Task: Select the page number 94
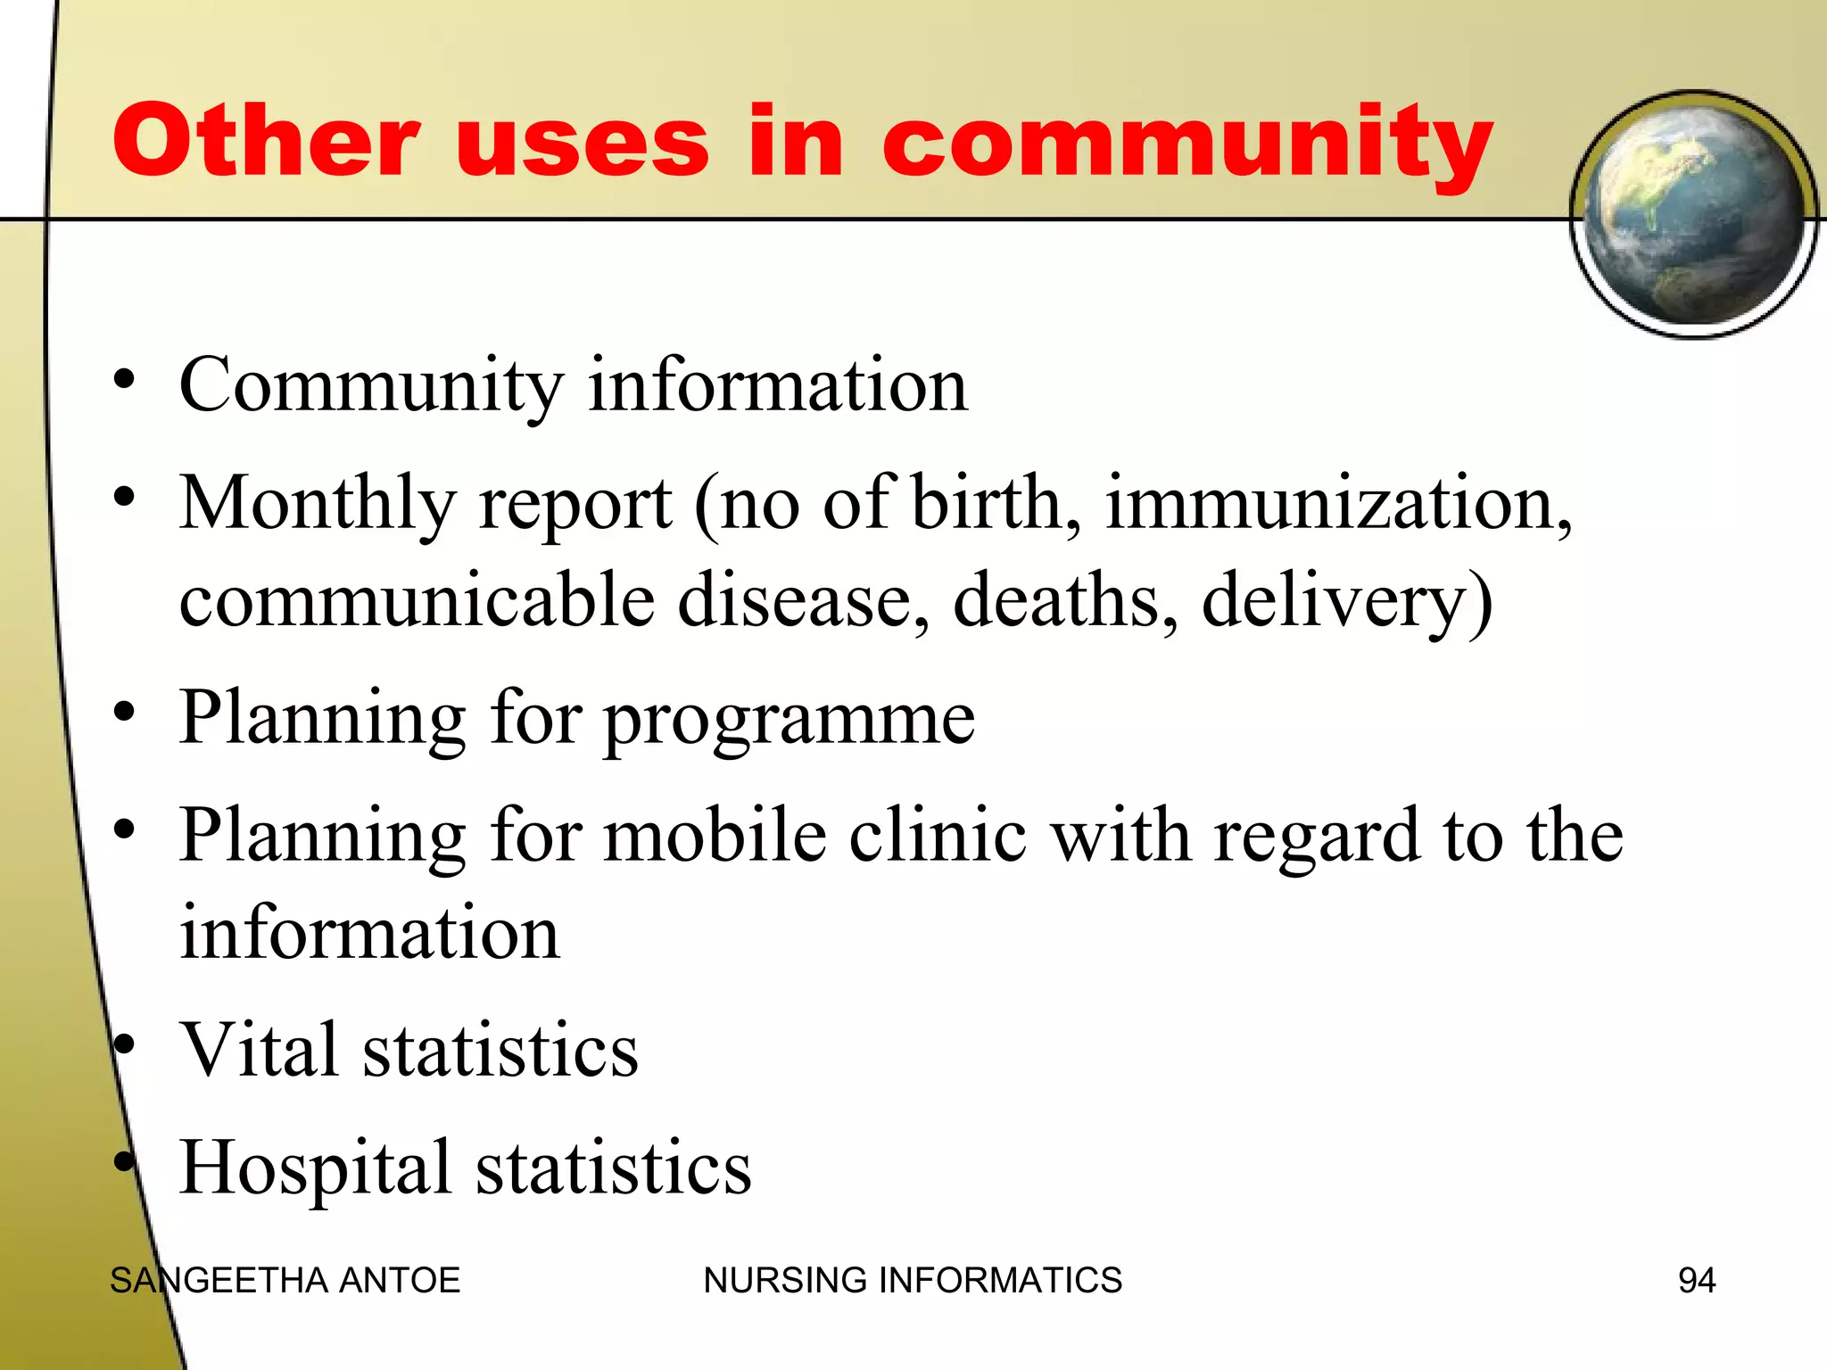click(x=1696, y=1281)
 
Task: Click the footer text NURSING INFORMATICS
click(x=912, y=1281)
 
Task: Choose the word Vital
click(x=260, y=1050)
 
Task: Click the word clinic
click(x=937, y=836)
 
